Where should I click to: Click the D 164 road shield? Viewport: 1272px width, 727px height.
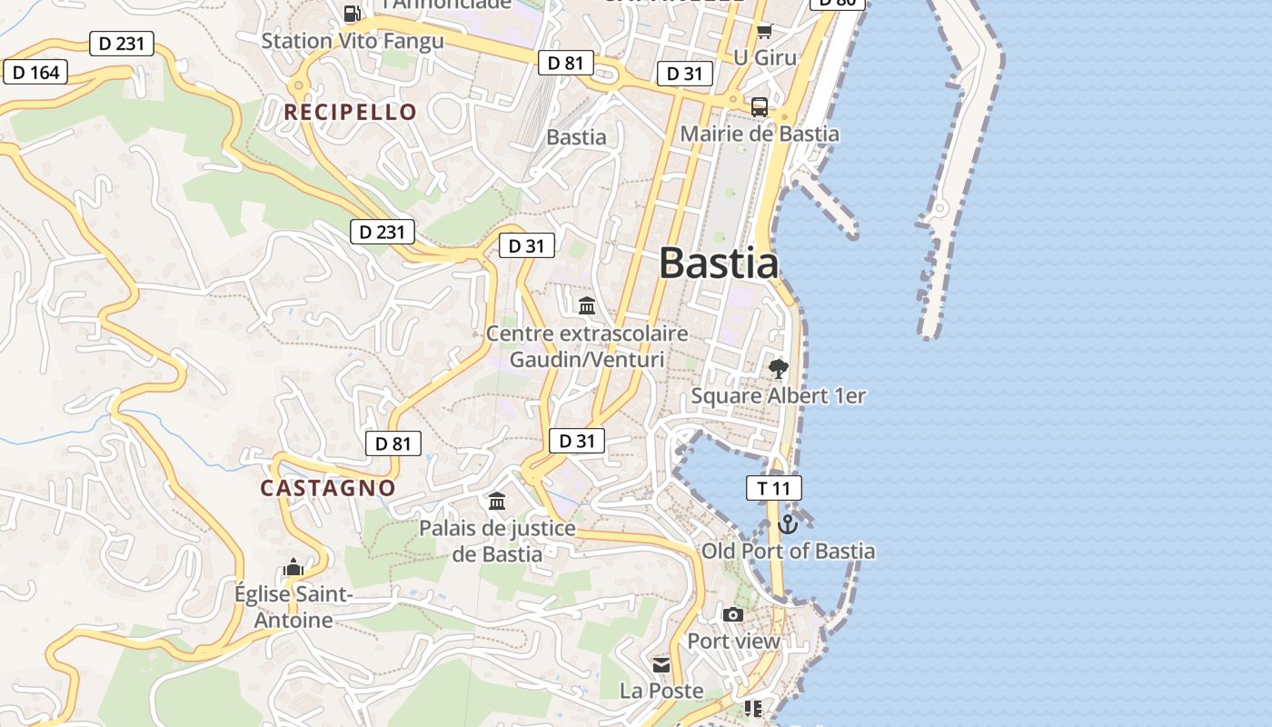pyautogui.click(x=36, y=72)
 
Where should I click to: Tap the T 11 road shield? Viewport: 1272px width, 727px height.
pyautogui.click(x=774, y=488)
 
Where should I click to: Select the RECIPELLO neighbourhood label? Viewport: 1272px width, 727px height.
pyautogui.click(x=351, y=113)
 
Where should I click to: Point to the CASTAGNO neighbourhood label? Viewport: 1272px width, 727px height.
pyautogui.click(x=328, y=488)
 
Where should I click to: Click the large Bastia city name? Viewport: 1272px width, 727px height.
pyautogui.click(x=718, y=264)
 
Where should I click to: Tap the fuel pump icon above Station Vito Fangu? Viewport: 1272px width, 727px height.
pyautogui.click(x=353, y=14)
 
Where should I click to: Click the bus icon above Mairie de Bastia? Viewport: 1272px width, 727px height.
pyautogui.click(x=760, y=106)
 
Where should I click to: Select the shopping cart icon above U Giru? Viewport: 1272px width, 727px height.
pyautogui.click(x=764, y=32)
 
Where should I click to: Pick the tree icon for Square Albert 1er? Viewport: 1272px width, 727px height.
pyautogui.click(x=778, y=368)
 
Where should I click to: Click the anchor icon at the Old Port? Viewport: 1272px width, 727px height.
pyautogui.click(x=788, y=523)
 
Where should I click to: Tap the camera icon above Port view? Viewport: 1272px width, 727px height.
pyautogui.click(x=733, y=614)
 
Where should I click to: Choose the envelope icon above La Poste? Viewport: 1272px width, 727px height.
pyautogui.click(x=661, y=664)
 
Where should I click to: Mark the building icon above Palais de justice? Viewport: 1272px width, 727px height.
pyautogui.click(x=497, y=501)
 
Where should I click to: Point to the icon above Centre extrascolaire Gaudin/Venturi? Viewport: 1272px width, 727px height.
pyautogui.click(x=587, y=305)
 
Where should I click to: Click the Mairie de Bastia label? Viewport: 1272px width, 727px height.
pyautogui.click(x=760, y=134)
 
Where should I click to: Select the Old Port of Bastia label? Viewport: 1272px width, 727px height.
pyautogui.click(x=788, y=551)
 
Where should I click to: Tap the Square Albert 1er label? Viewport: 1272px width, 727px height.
pyautogui.click(x=778, y=396)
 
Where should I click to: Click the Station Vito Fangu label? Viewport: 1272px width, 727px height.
pyautogui.click(x=353, y=41)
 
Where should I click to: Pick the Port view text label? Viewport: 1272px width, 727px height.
pyautogui.click(x=733, y=642)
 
